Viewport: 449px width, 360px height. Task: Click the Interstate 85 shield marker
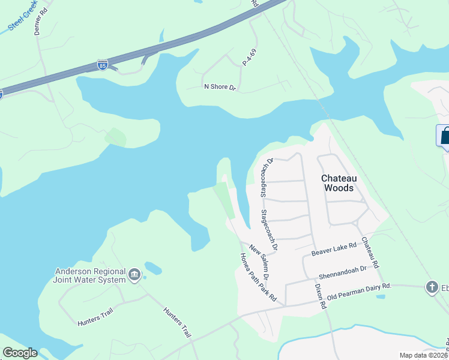click(x=103, y=65)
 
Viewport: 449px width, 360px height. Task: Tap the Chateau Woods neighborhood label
click(x=340, y=183)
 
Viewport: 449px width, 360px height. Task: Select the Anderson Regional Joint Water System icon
click(x=134, y=275)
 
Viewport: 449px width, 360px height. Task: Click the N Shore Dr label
click(x=220, y=87)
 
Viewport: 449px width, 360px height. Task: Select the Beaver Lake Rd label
click(x=334, y=249)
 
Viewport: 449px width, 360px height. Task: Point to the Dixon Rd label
click(x=320, y=296)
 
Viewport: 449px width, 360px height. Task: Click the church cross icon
click(x=432, y=287)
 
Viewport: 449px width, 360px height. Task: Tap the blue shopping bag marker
click(x=445, y=136)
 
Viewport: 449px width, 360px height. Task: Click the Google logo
click(x=20, y=353)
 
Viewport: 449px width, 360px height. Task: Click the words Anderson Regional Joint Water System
click(x=89, y=275)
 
